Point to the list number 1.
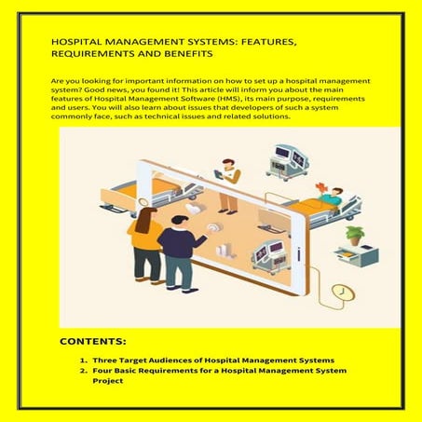click(84, 359)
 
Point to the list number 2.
click(84, 371)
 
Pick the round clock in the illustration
click(346, 292)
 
